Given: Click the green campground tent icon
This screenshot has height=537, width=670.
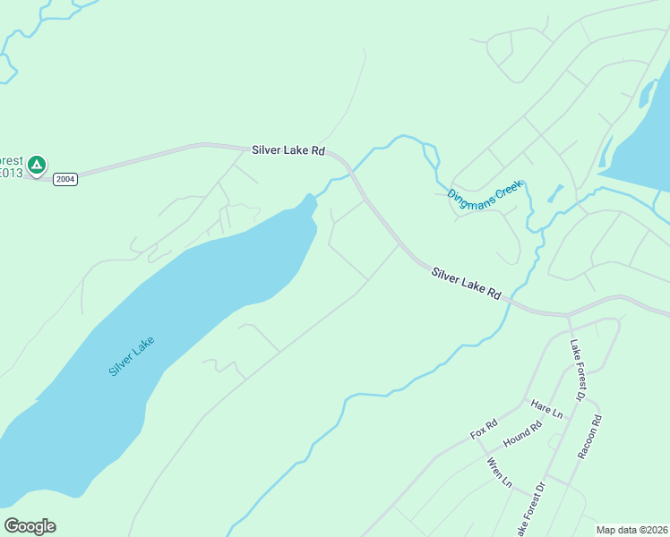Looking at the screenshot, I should coord(37,165).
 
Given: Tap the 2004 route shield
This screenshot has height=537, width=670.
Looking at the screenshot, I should coord(65,179).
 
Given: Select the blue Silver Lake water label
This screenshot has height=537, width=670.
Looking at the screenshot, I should coord(132,355).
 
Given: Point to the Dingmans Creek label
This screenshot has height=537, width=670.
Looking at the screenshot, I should coord(484,198).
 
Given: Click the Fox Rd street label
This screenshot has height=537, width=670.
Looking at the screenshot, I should coord(484,430).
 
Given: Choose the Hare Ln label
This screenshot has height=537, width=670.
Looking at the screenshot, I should coord(546,410).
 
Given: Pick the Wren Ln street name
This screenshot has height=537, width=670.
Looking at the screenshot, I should coord(499,472).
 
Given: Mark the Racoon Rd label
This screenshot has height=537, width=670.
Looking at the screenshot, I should coord(588,437).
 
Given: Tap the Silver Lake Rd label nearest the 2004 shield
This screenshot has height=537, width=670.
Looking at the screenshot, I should coord(288,150).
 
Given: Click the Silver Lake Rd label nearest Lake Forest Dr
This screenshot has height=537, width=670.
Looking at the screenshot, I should coord(466,283).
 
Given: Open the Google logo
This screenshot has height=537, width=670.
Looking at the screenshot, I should coord(30,526).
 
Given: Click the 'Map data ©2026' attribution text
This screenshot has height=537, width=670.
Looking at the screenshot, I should coord(632,530).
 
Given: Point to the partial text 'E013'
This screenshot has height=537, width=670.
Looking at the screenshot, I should coord(10,173).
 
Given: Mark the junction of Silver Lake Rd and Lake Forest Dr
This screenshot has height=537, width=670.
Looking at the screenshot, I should coord(568,315).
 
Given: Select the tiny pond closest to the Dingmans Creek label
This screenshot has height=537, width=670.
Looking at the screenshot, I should coord(554,192).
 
